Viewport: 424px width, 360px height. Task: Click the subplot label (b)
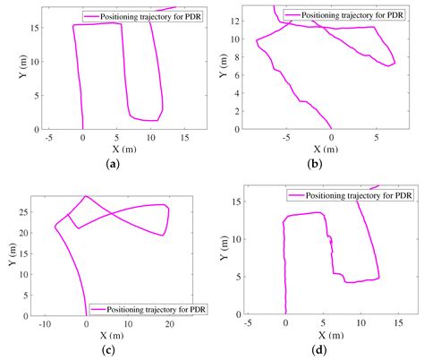click(315, 164)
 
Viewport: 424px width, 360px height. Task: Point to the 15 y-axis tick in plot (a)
click(34, 28)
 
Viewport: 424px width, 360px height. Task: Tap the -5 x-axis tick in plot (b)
click(285, 138)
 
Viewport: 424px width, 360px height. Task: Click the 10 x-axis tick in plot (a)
click(150, 138)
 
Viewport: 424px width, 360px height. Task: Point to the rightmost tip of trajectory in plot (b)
click(395, 63)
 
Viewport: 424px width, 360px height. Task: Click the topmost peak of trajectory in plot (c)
click(86, 196)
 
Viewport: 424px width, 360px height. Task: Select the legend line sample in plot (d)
click(297, 194)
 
